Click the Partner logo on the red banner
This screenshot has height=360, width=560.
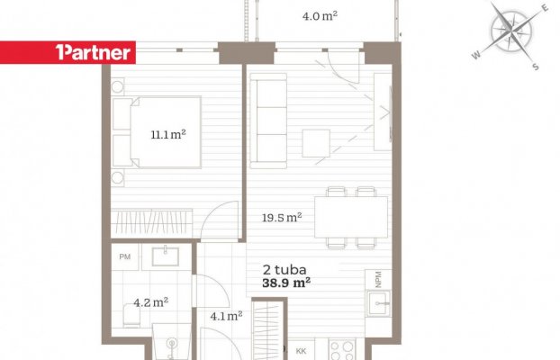tap(93, 52)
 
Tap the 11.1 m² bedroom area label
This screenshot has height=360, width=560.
tap(168, 135)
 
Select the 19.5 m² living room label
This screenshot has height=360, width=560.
tap(282, 217)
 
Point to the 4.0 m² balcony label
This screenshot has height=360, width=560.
tap(320, 15)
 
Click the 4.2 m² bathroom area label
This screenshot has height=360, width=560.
tap(150, 302)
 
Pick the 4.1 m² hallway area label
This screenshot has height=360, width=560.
tap(226, 316)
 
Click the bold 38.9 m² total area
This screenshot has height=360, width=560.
tap(286, 283)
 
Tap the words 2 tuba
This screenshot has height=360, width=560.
tap(285, 270)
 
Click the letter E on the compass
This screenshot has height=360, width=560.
tap(545, 9)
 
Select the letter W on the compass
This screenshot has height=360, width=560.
tap(476, 55)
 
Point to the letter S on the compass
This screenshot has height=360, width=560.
tap(535, 67)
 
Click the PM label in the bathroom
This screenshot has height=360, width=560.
tap(124, 256)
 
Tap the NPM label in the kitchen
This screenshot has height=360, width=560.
tap(378, 279)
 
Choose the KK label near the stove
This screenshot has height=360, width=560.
tap(301, 351)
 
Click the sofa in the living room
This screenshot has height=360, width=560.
tap(268, 121)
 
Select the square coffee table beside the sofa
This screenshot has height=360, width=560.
tap(316, 143)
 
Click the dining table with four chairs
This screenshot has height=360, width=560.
tap(351, 217)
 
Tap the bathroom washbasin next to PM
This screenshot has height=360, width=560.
tap(166, 256)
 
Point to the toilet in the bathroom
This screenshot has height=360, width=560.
tap(131, 315)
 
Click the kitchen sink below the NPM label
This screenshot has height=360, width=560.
tap(379, 303)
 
